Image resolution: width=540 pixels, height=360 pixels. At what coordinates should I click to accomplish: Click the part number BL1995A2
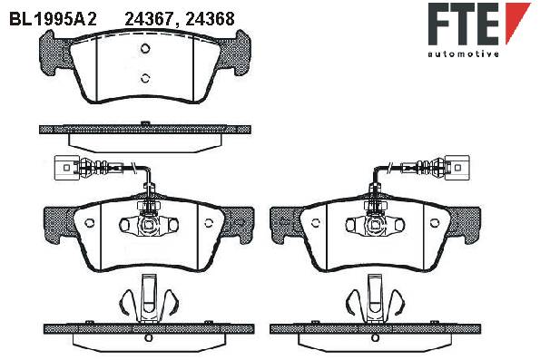[53, 19]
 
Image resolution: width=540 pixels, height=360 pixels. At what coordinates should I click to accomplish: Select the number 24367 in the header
[152, 19]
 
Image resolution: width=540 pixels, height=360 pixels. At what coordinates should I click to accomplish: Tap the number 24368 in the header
[210, 19]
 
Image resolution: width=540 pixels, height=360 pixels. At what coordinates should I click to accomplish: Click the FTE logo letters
[464, 24]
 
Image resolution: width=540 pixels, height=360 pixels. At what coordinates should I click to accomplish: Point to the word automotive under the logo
[464, 54]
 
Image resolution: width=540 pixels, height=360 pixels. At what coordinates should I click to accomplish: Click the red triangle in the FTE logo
[517, 23]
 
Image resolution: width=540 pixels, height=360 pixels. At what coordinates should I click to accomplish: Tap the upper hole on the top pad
[145, 48]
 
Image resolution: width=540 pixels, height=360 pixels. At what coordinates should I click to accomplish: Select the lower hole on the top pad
[145, 78]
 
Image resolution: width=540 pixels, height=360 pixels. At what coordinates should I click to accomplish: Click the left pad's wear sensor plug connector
[66, 168]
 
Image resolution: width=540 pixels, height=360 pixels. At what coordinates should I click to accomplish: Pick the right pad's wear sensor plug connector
[457, 168]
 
